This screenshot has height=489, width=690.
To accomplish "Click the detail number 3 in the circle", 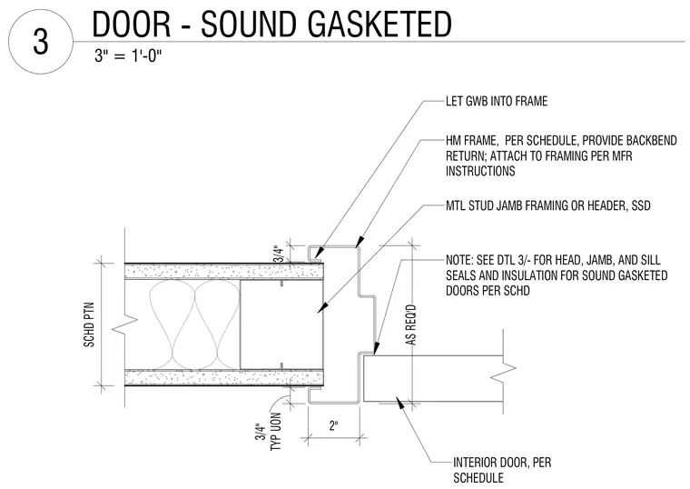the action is point(41,42).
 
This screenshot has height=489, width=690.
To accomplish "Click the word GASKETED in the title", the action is point(379,25).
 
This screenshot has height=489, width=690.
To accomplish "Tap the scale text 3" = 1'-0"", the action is point(128,56).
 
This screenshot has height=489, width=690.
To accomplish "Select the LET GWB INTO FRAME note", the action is point(497,101).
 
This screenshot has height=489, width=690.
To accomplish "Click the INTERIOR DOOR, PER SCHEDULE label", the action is point(502,470).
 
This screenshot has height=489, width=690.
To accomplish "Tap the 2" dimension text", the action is point(333,425).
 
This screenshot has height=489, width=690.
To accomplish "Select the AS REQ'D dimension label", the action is point(411,325).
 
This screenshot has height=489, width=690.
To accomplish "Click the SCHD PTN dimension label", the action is point(89,324).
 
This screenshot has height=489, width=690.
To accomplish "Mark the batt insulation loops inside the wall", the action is point(193,324).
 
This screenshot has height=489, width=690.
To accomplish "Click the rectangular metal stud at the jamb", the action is point(281,324).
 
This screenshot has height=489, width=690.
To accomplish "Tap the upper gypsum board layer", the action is point(224,271).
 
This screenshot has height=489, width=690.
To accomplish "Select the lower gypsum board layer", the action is point(224,377).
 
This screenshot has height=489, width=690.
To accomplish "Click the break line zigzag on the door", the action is point(503,373).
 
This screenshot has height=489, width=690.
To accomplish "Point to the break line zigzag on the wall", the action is point(125,324).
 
